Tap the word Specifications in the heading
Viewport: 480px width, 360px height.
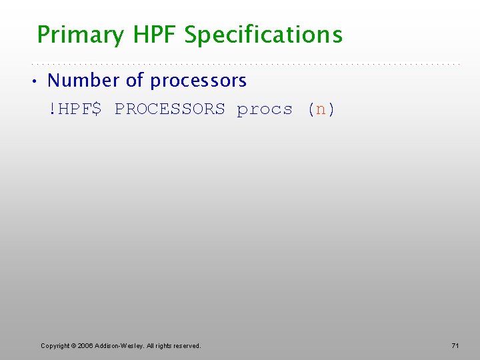[x=263, y=35]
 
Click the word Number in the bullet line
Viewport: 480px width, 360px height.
[x=83, y=81]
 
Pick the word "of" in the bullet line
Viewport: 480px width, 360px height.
[x=135, y=81]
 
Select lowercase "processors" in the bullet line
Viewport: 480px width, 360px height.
[x=198, y=81]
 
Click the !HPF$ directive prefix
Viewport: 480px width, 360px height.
[x=75, y=109]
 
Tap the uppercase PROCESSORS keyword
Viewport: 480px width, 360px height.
[x=169, y=109]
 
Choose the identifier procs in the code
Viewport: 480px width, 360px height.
[x=265, y=109]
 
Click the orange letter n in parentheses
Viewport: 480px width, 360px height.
[x=321, y=109]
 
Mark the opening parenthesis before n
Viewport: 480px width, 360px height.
[x=311, y=109]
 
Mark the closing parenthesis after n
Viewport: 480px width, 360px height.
[x=331, y=109]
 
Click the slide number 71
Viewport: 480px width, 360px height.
[x=455, y=345]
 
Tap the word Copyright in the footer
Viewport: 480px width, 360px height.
[x=55, y=345]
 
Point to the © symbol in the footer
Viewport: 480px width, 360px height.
[x=73, y=345]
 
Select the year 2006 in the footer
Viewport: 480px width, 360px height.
[x=85, y=345]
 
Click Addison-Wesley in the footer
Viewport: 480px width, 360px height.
[x=118, y=345]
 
